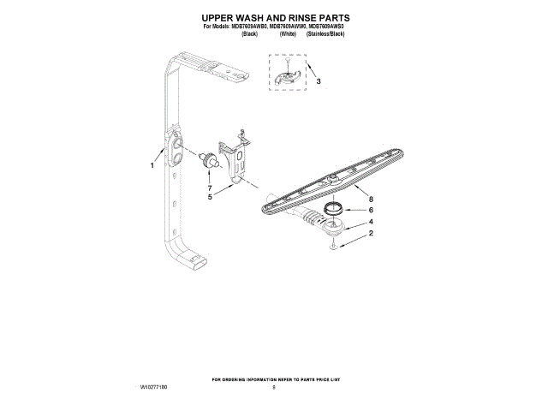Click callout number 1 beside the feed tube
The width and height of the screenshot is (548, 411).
[152, 165]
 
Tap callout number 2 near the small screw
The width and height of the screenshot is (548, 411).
[371, 234]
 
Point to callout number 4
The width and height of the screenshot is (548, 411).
[371, 222]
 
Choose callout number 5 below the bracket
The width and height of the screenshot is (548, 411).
[210, 196]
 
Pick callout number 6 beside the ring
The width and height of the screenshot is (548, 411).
[371, 210]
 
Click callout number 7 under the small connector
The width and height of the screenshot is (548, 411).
[209, 186]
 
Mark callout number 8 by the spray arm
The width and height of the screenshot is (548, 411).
[371, 197]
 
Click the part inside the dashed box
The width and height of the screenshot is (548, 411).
[289, 75]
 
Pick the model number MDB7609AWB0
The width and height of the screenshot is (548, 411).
[244, 27]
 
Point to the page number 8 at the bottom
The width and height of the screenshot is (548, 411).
[274, 388]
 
